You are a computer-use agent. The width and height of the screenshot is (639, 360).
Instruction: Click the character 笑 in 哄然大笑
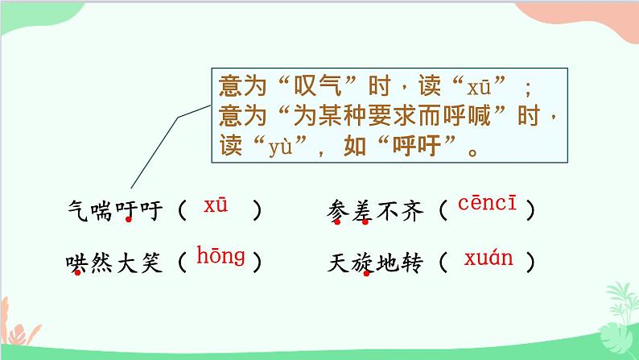tap(152, 263)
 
